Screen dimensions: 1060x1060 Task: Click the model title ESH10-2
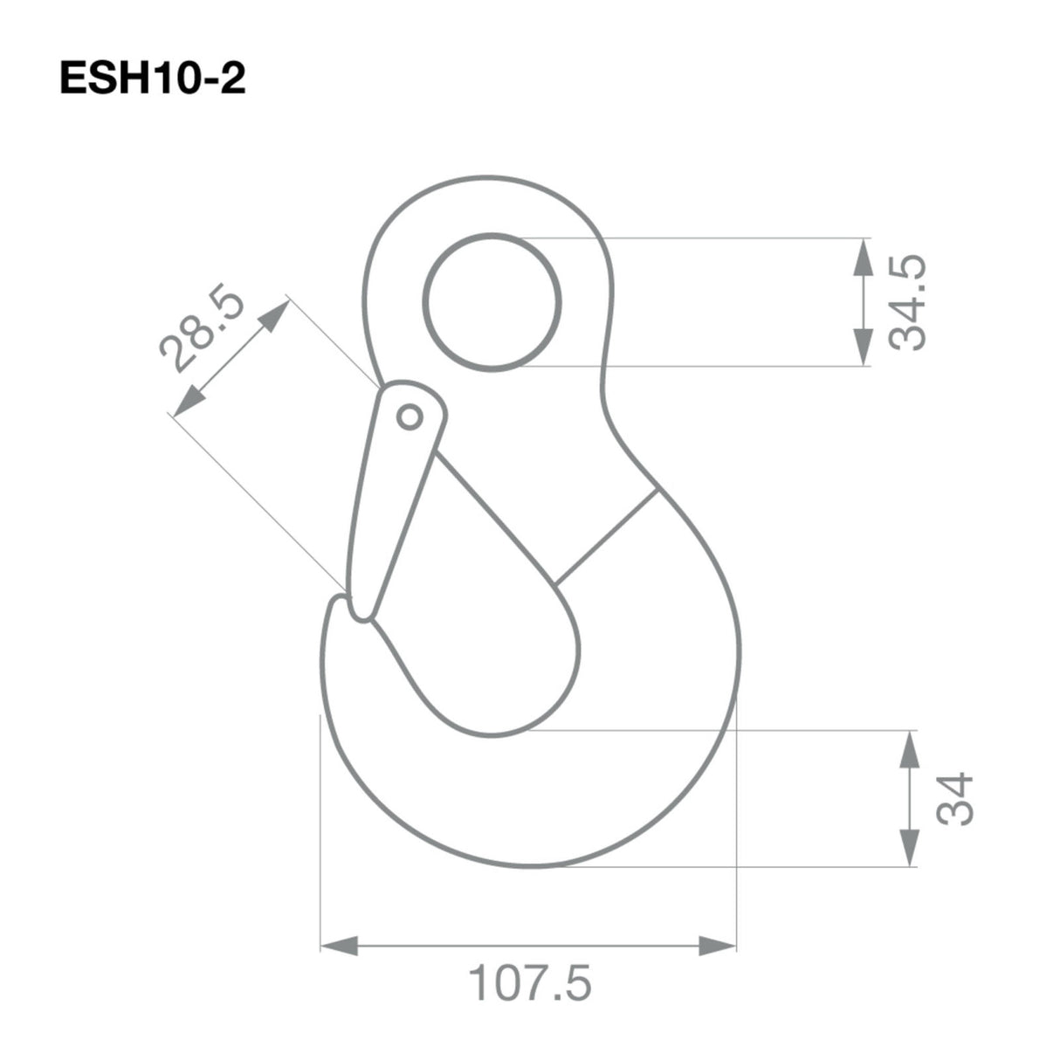[x=153, y=80]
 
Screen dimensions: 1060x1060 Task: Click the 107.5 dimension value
[x=530, y=983]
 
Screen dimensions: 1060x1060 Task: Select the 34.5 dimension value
[x=907, y=303]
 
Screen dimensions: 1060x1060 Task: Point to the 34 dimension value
[x=954, y=798]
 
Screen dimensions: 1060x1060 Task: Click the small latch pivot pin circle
[x=408, y=417]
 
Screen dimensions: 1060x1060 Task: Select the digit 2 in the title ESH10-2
[x=234, y=80]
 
